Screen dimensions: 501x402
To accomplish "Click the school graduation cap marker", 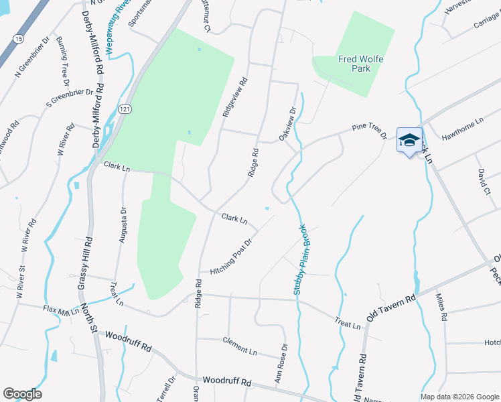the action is (x=409, y=141).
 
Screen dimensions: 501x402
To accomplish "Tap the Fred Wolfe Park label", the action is (x=360, y=64).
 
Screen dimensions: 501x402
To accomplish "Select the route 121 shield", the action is (x=125, y=109).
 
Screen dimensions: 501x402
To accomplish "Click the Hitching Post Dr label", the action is (x=232, y=257).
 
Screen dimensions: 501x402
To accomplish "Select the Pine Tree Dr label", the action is (x=369, y=131).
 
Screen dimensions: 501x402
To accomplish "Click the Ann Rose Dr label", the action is (x=281, y=364).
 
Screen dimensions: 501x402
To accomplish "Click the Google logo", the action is (x=22, y=394).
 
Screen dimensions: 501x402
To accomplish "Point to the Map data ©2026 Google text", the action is (x=459, y=397).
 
